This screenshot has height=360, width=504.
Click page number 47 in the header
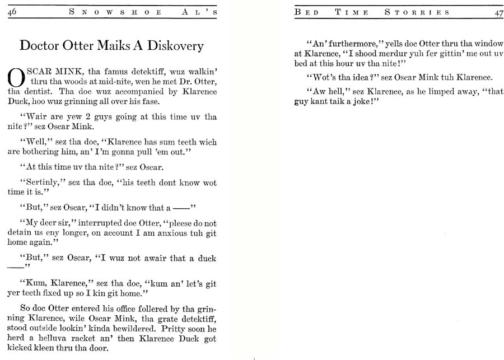point(497,13)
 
